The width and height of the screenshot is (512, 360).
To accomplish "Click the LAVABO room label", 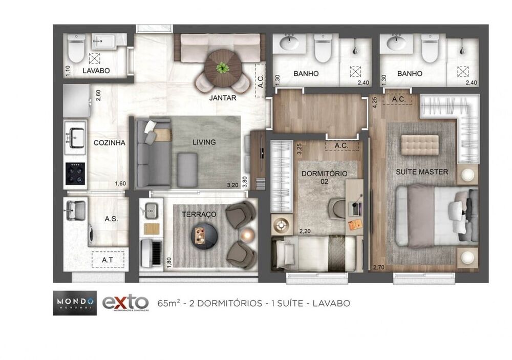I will click(96, 71).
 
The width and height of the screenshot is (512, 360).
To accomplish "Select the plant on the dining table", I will click(222, 67).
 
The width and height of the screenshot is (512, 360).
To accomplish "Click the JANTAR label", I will click(223, 98).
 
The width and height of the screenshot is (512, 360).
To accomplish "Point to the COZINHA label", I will click(109, 143).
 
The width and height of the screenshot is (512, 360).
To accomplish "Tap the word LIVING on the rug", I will click(204, 142).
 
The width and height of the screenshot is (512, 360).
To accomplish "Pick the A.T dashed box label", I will click(108, 260).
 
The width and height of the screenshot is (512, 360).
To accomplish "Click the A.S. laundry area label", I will click(111, 219).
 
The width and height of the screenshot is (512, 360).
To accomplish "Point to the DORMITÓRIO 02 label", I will click(324, 177).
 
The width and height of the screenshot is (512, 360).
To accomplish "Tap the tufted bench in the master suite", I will click(420, 144).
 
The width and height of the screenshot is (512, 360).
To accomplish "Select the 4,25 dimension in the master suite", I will click(375, 102).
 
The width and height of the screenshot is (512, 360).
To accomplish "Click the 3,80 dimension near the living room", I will click(245, 183).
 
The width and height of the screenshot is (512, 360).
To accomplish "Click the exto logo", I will click(125, 303).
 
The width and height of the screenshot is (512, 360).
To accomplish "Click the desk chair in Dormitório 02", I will click(337, 208).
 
